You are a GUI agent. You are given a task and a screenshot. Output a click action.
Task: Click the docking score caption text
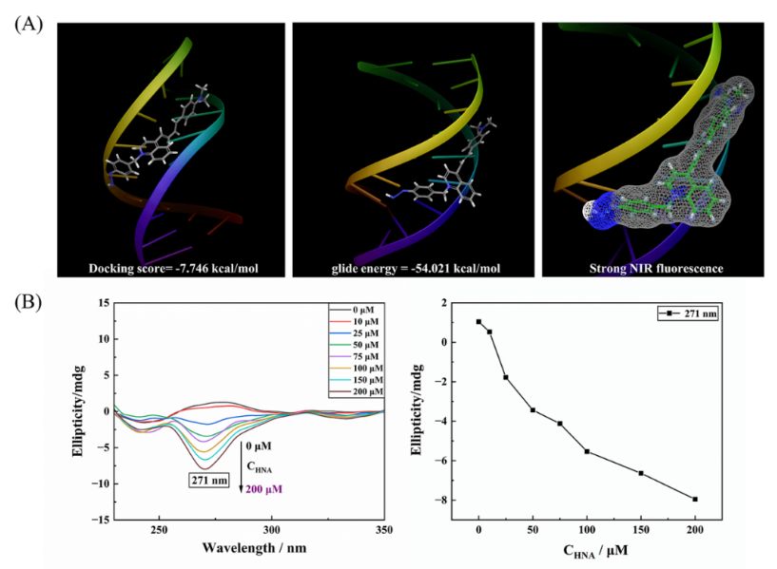pos(170,269)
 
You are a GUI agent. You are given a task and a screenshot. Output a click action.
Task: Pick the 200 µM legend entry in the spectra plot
pos(364,391)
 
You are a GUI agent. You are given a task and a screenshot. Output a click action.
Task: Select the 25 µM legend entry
pos(364,333)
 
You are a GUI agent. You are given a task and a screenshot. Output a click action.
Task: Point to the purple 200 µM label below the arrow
pos(264,489)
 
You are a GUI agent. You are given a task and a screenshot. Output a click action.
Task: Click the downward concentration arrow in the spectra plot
pos(240,465)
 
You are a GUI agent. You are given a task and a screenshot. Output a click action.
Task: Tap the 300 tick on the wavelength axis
pos(272,528)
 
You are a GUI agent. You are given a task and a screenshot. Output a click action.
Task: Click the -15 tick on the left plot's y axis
pos(100,520)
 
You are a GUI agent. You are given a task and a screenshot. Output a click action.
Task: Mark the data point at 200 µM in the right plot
pos(695,499)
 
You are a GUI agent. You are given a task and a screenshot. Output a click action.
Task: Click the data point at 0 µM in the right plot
pos(478,321)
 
